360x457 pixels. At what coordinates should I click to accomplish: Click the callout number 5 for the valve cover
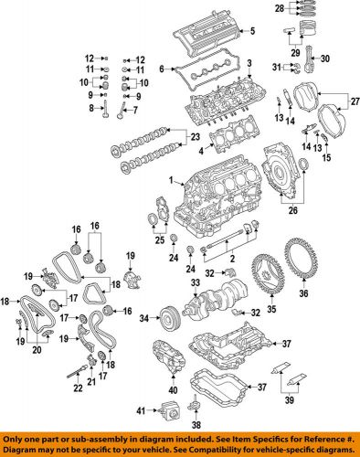pyautogui.click(x=254, y=33)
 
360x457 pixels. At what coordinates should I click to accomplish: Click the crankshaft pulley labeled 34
pyautogui.click(x=167, y=319)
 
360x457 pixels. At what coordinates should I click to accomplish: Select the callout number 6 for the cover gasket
pyautogui.click(x=161, y=69)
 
